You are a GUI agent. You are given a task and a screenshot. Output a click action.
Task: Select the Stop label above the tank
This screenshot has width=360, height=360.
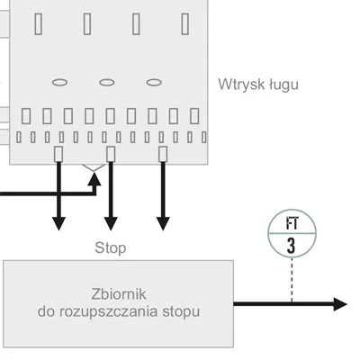pyautogui.click(x=110, y=247)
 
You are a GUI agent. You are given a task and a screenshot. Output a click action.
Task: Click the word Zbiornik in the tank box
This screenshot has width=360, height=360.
pyautogui.click(x=119, y=294)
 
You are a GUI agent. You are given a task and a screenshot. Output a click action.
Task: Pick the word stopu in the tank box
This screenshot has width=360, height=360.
pyautogui.click(x=180, y=311)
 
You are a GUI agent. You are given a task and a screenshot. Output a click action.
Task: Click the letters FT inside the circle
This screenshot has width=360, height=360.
pyautogui.click(x=291, y=224)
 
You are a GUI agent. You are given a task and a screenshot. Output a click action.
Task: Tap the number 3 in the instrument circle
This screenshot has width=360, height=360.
pyautogui.click(x=291, y=245)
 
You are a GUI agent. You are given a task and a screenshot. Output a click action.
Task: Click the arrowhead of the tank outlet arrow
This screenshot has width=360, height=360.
pyautogui.click(x=339, y=304)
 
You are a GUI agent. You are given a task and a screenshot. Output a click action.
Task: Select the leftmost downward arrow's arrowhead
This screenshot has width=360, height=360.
pyautogui.click(x=58, y=222)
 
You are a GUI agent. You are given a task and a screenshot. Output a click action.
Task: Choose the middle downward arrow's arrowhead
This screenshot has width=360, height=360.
pyautogui.click(x=111, y=222)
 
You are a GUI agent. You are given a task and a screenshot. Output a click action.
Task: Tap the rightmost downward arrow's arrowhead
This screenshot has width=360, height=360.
pyautogui.click(x=163, y=222)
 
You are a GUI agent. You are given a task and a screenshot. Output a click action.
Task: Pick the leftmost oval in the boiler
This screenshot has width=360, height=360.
pyautogui.click(x=59, y=82)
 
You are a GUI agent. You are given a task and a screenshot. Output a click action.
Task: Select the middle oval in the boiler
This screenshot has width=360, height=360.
pyautogui.click(x=106, y=82)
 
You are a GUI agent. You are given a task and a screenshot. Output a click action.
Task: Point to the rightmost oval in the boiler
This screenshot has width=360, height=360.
pyautogui.click(x=153, y=82)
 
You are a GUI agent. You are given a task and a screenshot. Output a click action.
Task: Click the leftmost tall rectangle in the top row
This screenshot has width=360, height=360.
pyautogui.click(x=39, y=24)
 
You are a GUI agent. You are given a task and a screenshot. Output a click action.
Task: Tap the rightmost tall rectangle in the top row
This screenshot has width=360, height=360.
pyautogui.click(x=184, y=24)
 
